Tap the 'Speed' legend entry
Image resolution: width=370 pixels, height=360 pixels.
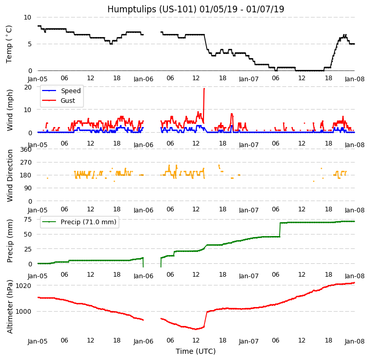point(70,91)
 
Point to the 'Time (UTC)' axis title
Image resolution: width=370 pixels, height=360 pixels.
point(195,351)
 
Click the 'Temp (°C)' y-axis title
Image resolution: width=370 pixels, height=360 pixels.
point(9,44)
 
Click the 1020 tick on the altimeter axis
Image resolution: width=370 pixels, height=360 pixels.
point(23,285)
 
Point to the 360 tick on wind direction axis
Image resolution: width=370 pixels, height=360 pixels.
point(26,149)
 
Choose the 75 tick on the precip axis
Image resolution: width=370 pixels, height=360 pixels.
point(28,219)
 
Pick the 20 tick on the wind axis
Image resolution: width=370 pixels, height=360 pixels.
point(28,87)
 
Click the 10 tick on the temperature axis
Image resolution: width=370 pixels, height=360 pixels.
point(28,17)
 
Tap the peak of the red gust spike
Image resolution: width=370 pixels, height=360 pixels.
point(204,88)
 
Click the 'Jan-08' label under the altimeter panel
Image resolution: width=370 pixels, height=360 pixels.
point(354,341)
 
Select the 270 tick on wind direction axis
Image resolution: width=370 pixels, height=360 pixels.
point(26,162)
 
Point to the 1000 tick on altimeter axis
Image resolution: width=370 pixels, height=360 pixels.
point(23,311)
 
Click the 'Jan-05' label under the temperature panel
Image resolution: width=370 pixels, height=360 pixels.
point(38,79)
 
